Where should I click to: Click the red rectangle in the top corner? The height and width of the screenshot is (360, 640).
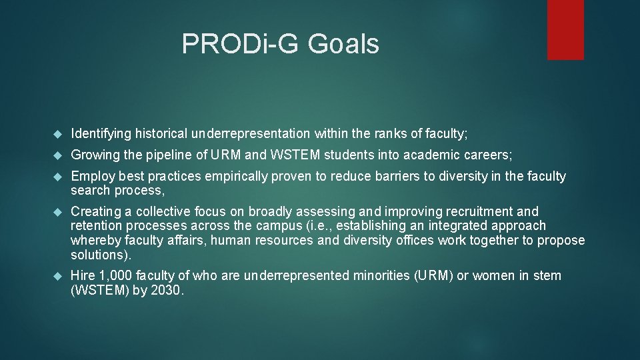tap(565, 30)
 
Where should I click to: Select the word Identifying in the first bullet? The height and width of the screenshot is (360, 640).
tap(101, 134)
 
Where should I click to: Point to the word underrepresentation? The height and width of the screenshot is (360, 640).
tap(251, 134)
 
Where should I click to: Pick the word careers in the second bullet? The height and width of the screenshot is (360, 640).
tap(488, 155)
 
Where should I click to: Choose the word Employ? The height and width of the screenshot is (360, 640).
tap(91, 177)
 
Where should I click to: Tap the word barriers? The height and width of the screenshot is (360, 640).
tap(379, 177)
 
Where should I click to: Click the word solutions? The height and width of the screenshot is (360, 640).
tap(99, 255)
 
